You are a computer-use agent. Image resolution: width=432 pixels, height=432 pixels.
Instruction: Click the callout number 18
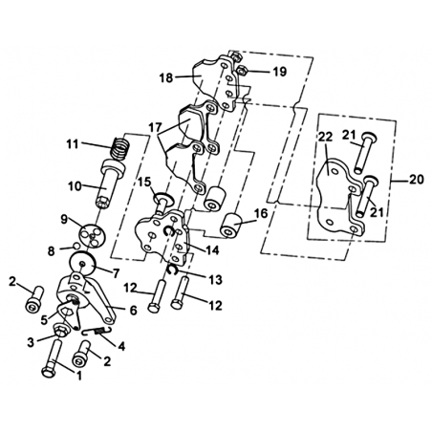click(166, 77)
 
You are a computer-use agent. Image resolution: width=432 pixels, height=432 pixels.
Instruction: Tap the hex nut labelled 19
click(242, 70)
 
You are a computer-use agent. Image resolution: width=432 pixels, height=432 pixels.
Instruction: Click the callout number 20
click(417, 180)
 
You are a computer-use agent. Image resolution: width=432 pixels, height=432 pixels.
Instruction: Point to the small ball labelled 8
click(76, 246)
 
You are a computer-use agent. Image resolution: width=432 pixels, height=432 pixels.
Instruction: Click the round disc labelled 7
click(82, 263)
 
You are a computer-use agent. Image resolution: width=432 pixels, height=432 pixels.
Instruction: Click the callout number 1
click(78, 376)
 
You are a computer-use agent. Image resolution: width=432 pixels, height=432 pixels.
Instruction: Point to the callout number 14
click(213, 250)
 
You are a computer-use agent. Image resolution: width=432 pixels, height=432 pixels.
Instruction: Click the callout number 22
click(326, 138)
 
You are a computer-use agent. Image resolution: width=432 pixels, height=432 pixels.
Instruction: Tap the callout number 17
click(155, 127)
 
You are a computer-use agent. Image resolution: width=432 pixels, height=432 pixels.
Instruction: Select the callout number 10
click(76, 186)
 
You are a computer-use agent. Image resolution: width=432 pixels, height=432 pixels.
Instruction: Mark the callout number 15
click(144, 183)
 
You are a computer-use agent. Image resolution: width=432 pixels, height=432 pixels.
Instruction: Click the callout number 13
click(215, 280)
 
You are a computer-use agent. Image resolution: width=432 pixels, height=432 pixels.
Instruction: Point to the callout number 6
click(133, 310)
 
